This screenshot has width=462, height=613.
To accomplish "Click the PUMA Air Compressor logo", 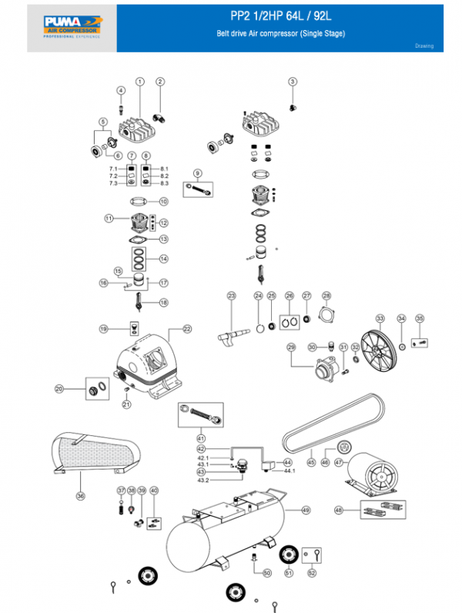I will (72, 28).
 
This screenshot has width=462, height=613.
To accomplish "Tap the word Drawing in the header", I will (424, 46).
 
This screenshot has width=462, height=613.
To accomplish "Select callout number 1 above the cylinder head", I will (140, 81).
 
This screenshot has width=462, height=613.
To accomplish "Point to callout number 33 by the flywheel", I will (380, 318).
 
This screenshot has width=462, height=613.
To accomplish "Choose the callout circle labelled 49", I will (306, 510).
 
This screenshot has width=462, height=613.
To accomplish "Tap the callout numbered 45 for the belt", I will (311, 463).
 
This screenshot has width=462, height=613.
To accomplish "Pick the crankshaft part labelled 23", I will (231, 332).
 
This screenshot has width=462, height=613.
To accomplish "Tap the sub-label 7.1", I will (112, 168).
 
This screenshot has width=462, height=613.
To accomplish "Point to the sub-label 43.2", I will (203, 481).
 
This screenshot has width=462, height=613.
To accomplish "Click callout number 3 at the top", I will (293, 81).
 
